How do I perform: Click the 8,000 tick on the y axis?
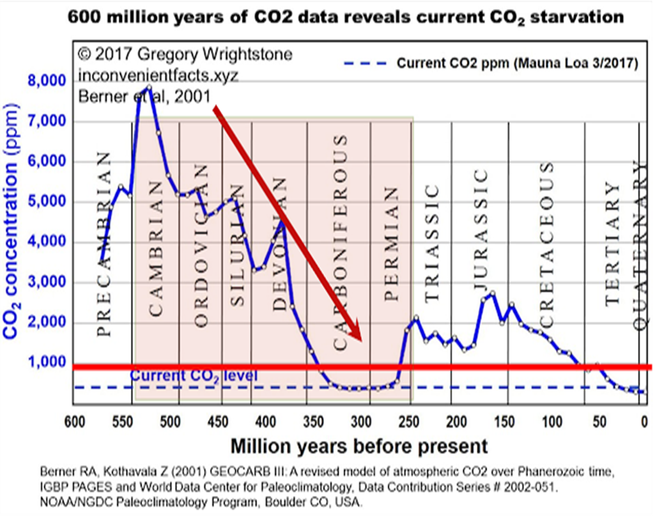click(x=47, y=81)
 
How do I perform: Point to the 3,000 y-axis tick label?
click(x=47, y=283)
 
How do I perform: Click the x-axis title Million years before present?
click(x=359, y=446)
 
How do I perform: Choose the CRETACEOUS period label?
click(x=547, y=244)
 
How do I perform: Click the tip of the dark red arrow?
click(x=362, y=341)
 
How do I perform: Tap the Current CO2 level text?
click(x=194, y=377)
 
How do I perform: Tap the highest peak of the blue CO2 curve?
click(x=148, y=87)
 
